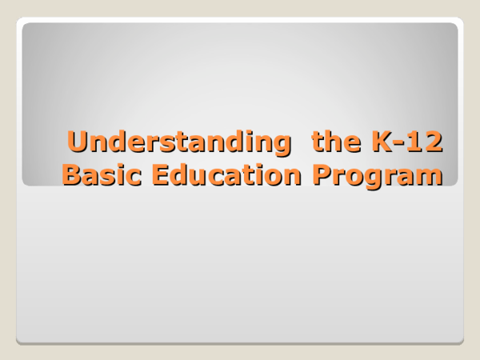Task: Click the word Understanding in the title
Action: coord(177,142)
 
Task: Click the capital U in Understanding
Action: coord(78,142)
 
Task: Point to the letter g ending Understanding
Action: coord(280,146)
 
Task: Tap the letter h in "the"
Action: coord(330,142)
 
